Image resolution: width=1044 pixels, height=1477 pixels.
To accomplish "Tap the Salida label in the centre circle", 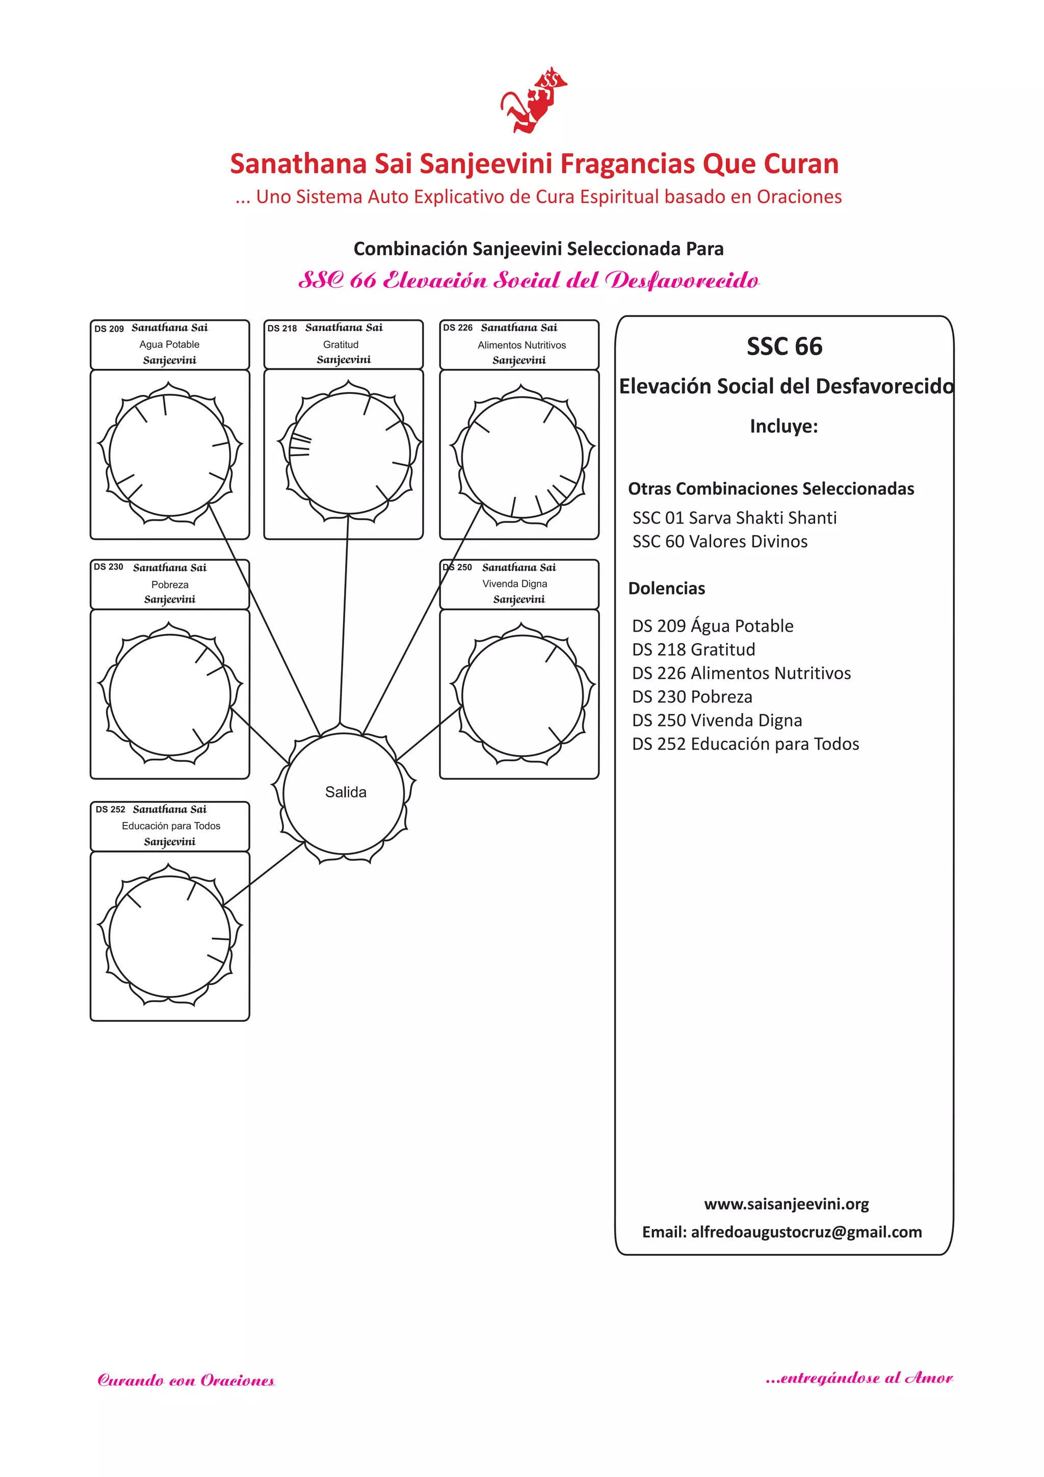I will (x=345, y=792).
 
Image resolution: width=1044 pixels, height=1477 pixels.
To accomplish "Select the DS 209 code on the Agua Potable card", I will (x=109, y=329).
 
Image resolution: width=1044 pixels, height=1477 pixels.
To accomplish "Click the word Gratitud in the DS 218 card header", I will (x=341, y=344).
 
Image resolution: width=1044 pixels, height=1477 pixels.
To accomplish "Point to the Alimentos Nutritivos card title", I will (x=521, y=345).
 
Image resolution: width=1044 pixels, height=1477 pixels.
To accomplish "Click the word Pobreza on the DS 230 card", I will (x=170, y=584).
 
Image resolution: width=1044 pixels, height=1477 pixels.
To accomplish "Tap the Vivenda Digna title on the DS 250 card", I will (x=514, y=584).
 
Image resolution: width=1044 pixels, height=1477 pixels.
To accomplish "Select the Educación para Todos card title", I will (x=171, y=825).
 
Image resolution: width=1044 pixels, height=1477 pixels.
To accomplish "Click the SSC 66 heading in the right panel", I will (x=785, y=346).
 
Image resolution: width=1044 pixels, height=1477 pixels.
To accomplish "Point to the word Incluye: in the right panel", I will (x=784, y=426).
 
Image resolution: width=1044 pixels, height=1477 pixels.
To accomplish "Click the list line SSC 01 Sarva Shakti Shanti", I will (x=734, y=518).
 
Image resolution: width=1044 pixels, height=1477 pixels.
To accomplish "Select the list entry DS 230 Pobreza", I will (x=692, y=697).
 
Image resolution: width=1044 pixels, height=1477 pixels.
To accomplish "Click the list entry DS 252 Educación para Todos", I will (x=745, y=744).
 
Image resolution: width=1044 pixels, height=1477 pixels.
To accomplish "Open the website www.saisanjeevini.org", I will (x=786, y=1204).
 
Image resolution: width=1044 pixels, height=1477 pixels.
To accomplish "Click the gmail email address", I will (x=806, y=1232).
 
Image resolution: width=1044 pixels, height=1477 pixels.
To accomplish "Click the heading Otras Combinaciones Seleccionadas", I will (x=771, y=489).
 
